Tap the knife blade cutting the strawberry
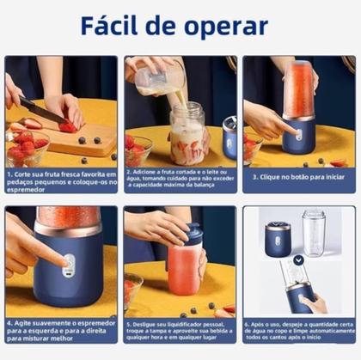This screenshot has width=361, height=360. (x=39, y=112)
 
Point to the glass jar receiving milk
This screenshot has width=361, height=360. (x=188, y=132)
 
